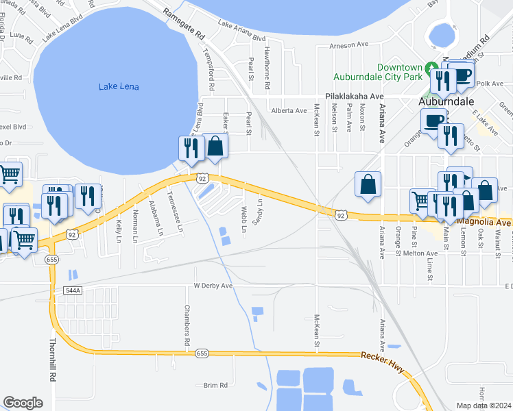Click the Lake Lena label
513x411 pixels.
click(119, 86)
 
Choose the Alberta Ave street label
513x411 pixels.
click(289, 110)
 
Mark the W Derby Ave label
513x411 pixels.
click(213, 286)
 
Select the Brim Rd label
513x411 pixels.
click(215, 386)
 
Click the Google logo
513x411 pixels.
click(23, 402)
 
